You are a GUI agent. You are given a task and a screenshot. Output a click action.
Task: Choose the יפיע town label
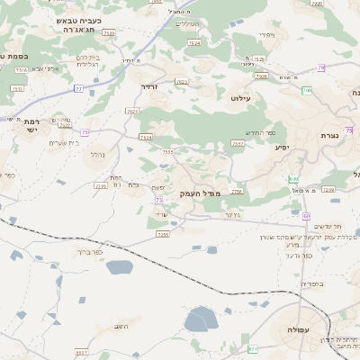(277, 146)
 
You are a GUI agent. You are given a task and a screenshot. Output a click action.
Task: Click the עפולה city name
(298, 331)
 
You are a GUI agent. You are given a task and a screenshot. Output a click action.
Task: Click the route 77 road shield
(78, 88)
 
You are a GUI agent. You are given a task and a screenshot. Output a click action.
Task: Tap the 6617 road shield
(82, 353)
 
